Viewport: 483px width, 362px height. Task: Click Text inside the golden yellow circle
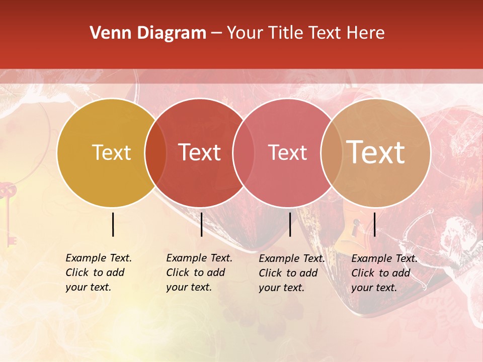(111, 152)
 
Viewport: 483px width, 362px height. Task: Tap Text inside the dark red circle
(200, 152)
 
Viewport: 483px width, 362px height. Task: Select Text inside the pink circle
(287, 152)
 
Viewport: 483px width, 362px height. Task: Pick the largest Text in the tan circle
(376, 152)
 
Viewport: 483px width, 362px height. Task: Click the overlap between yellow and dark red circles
(155, 153)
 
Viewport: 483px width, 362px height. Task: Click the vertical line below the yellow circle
(113, 224)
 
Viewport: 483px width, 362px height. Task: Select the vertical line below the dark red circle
(201, 224)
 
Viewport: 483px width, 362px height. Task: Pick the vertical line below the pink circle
(290, 224)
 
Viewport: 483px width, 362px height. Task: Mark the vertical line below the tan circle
(375, 224)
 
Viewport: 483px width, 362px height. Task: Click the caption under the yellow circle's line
(99, 273)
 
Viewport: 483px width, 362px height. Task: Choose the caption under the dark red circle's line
(199, 273)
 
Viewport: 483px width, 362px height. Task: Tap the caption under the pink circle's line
(292, 273)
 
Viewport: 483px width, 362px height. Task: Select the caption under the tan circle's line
(384, 273)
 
